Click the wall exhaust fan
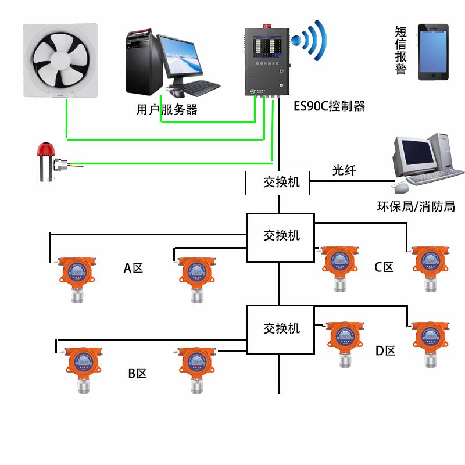[60, 59]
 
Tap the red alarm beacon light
[45, 152]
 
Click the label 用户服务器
[166, 109]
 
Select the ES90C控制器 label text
[330, 106]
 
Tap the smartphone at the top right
[427, 52]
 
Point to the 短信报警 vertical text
[400, 51]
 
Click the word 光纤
[344, 170]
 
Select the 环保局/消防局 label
[416, 206]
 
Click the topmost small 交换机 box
[278, 183]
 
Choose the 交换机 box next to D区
[281, 328]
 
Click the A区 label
[133, 268]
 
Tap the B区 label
[137, 373]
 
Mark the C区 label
[384, 267]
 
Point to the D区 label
[385, 351]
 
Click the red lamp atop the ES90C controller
[267, 25]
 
